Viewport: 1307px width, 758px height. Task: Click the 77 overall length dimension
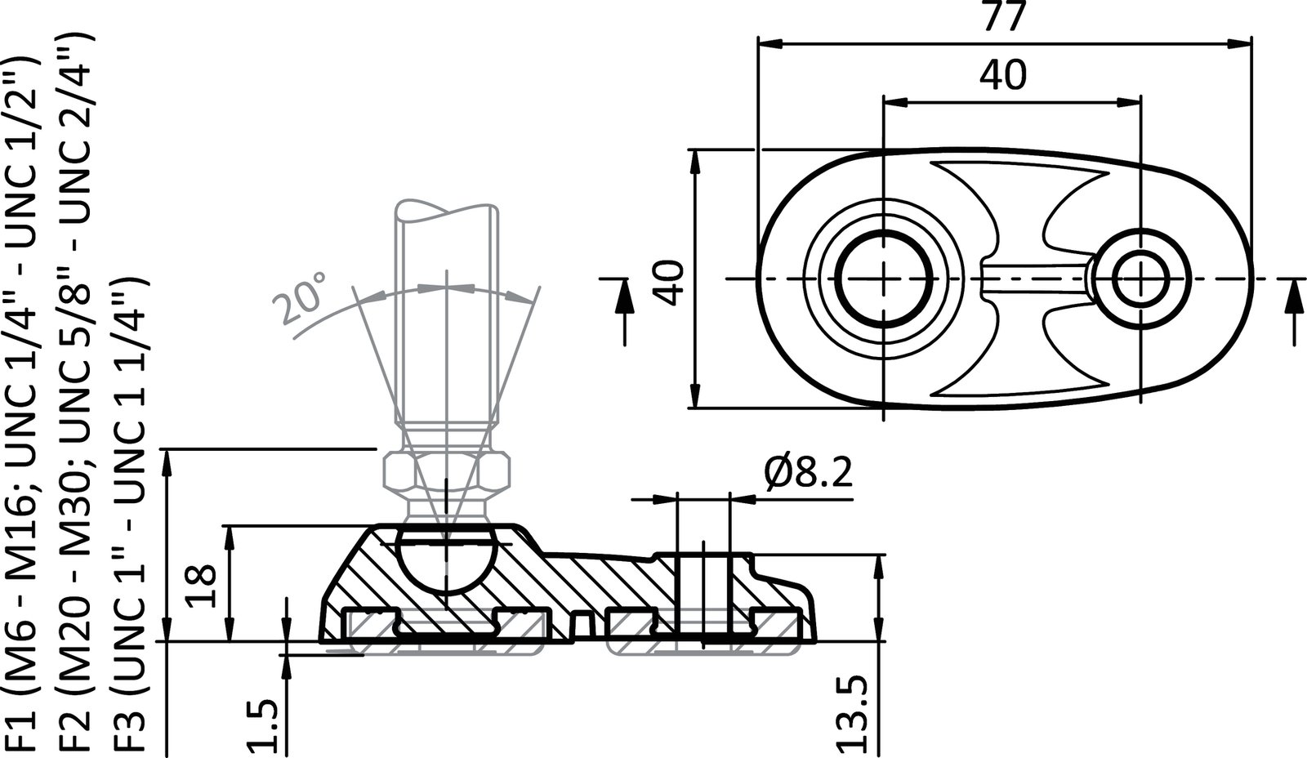(x=1004, y=17)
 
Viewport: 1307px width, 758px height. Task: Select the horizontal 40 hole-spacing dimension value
(x=1004, y=76)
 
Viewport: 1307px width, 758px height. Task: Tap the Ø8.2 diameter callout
(x=809, y=474)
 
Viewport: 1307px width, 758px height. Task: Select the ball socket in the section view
(x=447, y=560)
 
